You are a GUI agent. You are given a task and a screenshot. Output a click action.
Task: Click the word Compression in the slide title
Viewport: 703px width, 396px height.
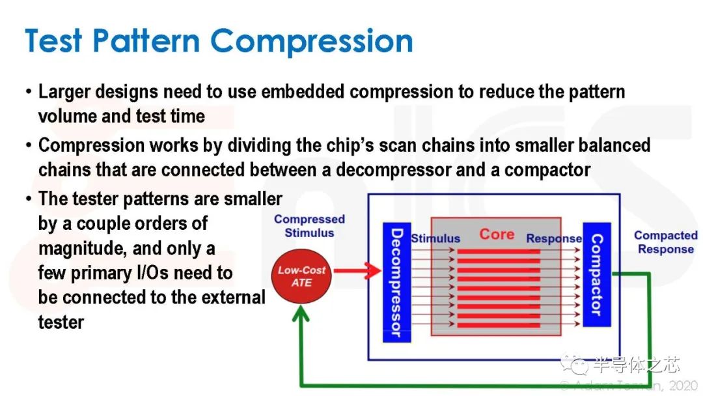311,40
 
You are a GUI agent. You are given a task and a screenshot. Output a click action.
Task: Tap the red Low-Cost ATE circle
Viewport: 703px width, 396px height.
301,276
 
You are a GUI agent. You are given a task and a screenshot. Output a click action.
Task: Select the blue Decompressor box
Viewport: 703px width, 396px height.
396,282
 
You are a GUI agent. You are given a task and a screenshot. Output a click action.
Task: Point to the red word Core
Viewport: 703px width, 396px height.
497,234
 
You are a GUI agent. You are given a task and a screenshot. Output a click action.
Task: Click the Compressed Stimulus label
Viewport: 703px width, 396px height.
310,226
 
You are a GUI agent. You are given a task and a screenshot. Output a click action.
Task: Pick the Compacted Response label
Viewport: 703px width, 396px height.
665,242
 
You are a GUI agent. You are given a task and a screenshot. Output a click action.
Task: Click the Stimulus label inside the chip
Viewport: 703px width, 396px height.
435,239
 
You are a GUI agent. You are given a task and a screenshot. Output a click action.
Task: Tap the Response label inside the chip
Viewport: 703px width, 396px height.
553,239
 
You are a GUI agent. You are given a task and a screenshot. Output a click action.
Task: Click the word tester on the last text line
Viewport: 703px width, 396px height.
61,322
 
